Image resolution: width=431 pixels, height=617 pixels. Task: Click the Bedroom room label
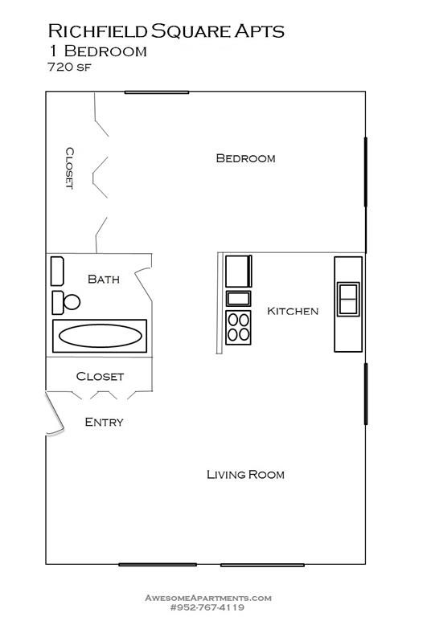[245, 158]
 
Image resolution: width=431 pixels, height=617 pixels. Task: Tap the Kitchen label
[293, 311]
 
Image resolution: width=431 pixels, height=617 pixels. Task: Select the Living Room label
[245, 474]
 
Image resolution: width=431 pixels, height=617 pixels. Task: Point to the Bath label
[104, 279]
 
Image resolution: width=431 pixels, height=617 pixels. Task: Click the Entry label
[104, 422]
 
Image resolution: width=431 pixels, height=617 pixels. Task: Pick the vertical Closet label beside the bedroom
[70, 167]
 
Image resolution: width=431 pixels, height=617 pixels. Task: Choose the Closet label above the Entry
[100, 376]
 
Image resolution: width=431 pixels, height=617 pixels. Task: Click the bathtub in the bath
[101, 335]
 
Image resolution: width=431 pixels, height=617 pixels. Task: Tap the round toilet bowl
[72, 302]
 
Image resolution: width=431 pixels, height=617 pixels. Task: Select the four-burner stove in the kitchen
[238, 328]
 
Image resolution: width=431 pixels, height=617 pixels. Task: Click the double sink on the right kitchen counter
[348, 298]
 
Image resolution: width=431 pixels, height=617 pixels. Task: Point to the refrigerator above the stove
[238, 272]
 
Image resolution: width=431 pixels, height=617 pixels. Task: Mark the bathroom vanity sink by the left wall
[57, 271]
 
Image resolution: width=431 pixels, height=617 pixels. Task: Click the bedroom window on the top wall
[157, 92]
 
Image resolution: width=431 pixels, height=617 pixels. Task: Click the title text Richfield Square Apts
[166, 31]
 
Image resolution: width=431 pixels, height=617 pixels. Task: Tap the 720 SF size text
[70, 67]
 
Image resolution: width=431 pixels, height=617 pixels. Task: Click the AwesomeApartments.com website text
[207, 598]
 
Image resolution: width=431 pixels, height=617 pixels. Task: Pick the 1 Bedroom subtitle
[97, 51]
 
